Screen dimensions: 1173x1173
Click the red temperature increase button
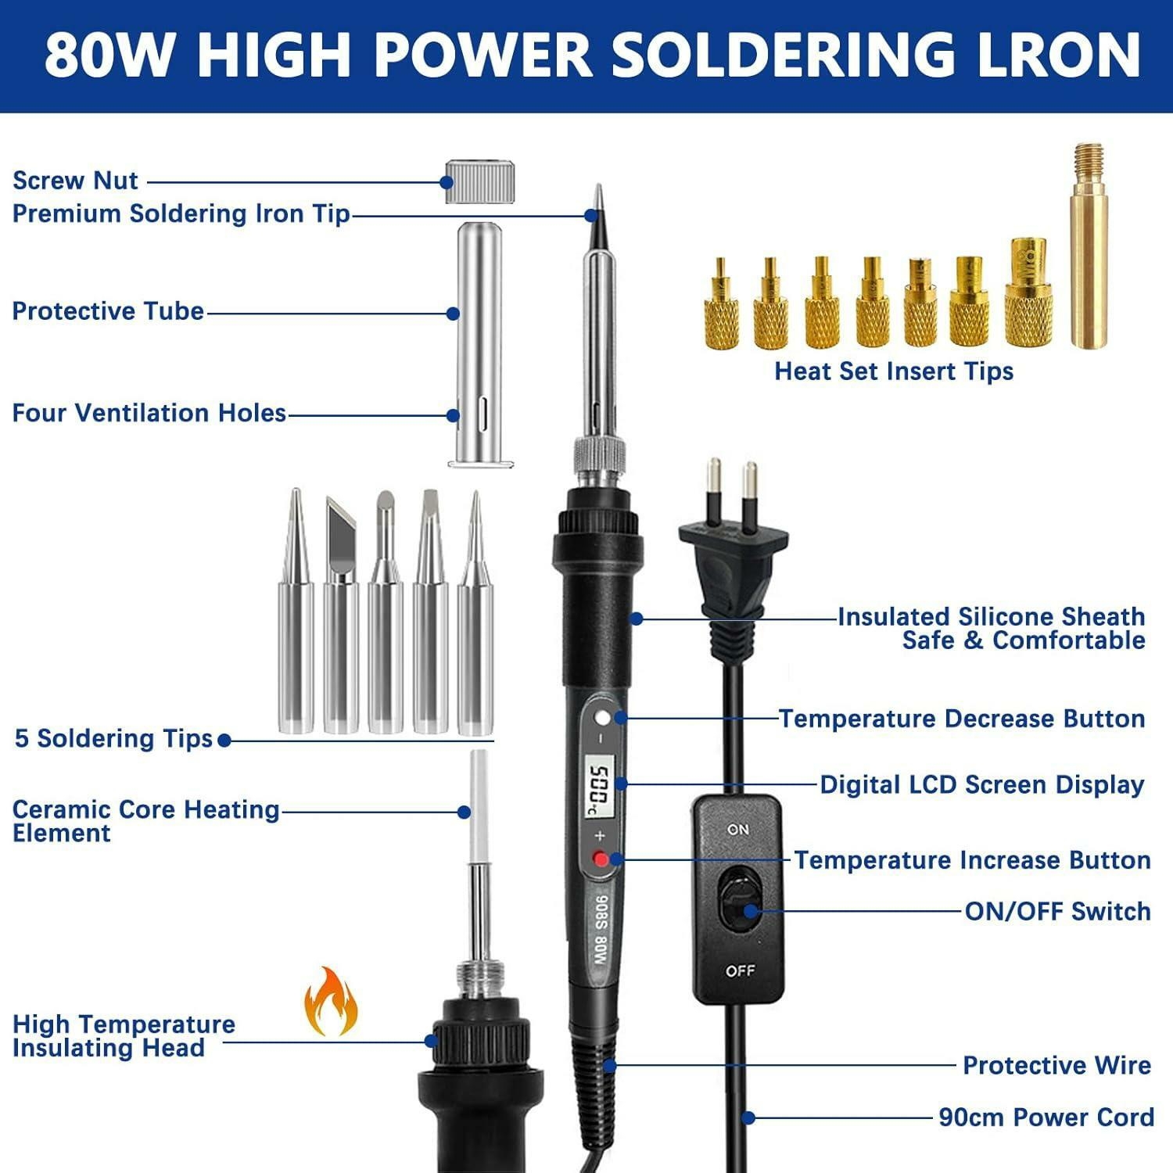[601, 859]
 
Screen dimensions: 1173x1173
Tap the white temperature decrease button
[601, 718]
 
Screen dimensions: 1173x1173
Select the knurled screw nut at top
[480, 182]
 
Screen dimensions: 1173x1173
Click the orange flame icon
[331, 1002]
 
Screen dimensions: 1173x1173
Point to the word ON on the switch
[738, 829]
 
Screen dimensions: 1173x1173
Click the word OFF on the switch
[740, 970]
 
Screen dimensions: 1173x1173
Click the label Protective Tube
[108, 311]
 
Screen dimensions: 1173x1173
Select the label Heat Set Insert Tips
[894, 371]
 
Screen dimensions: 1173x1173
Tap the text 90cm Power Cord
[1046, 1117]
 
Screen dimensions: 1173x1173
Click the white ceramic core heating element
[479, 805]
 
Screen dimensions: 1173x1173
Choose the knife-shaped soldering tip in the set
[341, 615]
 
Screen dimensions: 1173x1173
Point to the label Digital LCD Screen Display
[982, 784]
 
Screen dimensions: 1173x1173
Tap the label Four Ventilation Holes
[149, 413]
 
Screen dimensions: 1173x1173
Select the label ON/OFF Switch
[1057, 911]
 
